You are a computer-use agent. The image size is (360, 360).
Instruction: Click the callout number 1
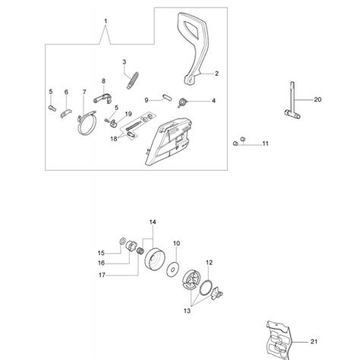pos(106,19)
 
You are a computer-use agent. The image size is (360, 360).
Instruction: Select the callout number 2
pos(216,74)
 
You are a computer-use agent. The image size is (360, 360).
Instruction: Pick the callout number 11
pos(265,144)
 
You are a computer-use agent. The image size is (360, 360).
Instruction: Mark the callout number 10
pos(175,244)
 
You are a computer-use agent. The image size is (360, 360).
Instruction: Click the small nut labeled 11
pos(238,143)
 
